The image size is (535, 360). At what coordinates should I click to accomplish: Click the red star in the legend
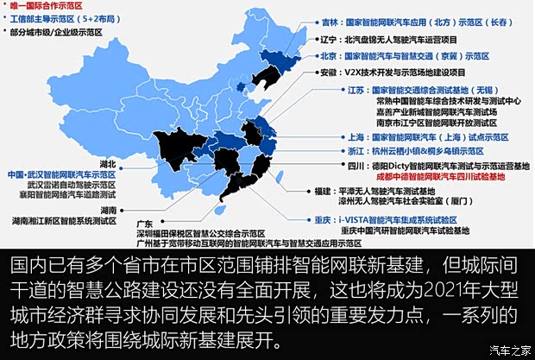tap(7, 6)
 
